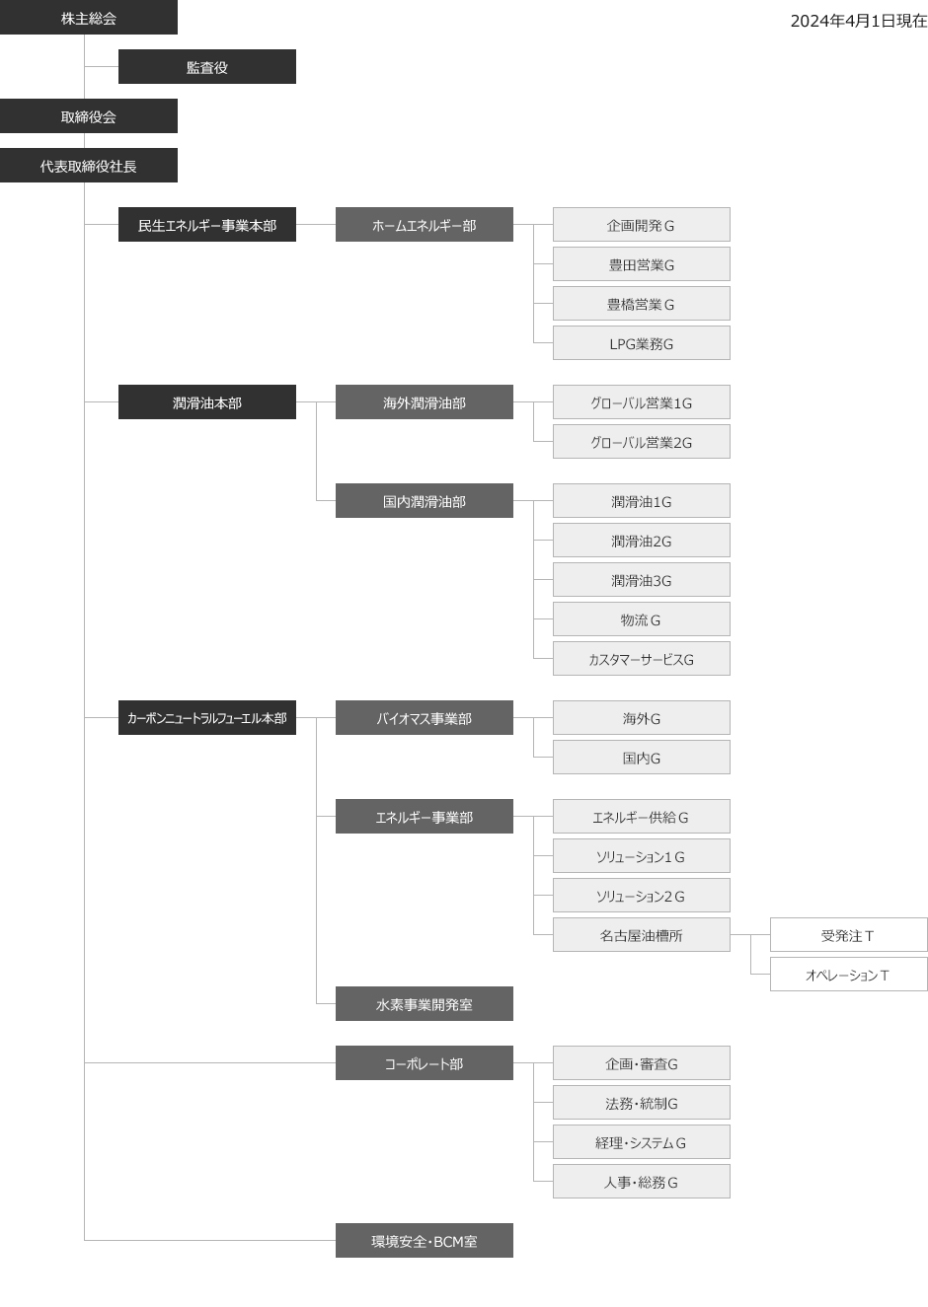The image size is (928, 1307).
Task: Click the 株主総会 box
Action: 89,18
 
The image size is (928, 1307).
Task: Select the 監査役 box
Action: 206,66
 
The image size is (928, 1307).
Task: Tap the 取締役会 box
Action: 89,116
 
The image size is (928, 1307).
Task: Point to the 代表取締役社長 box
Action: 89,165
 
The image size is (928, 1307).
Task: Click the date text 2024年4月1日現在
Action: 859,21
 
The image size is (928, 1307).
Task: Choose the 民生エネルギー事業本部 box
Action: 206,225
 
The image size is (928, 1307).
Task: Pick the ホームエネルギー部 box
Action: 424,225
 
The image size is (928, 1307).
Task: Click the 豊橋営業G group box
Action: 642,304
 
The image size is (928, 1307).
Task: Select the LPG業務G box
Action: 642,343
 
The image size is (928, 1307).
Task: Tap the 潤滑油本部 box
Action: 206,402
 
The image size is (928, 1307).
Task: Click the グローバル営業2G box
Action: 642,442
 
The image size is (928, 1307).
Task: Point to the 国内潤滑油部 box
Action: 424,501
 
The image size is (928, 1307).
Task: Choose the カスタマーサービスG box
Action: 642,659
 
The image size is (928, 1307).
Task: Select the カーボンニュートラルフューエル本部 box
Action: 206,718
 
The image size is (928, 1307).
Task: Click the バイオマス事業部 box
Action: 424,718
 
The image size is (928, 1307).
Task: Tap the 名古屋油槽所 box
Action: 642,935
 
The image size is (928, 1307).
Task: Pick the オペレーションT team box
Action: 849,975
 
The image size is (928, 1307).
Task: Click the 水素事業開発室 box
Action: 424,1003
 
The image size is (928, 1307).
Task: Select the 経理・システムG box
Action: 642,1142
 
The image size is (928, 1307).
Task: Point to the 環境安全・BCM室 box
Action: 424,1241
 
